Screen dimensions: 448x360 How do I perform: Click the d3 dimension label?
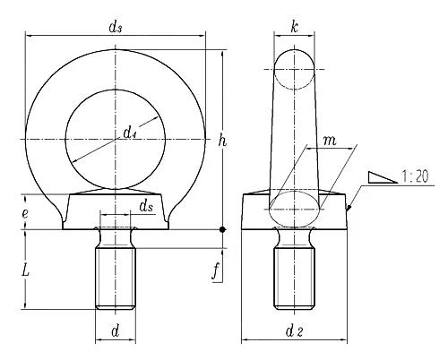(116, 27)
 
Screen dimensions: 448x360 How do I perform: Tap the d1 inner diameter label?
(130, 133)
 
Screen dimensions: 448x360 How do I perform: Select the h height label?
(222, 140)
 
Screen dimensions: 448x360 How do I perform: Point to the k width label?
(294, 27)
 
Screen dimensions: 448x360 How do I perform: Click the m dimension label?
(330, 140)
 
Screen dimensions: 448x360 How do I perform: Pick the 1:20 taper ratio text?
(415, 176)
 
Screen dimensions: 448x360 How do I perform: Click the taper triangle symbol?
(383, 177)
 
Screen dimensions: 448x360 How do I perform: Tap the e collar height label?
(25, 213)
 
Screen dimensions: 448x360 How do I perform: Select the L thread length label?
(26, 271)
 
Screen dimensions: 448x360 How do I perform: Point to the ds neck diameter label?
(146, 206)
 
